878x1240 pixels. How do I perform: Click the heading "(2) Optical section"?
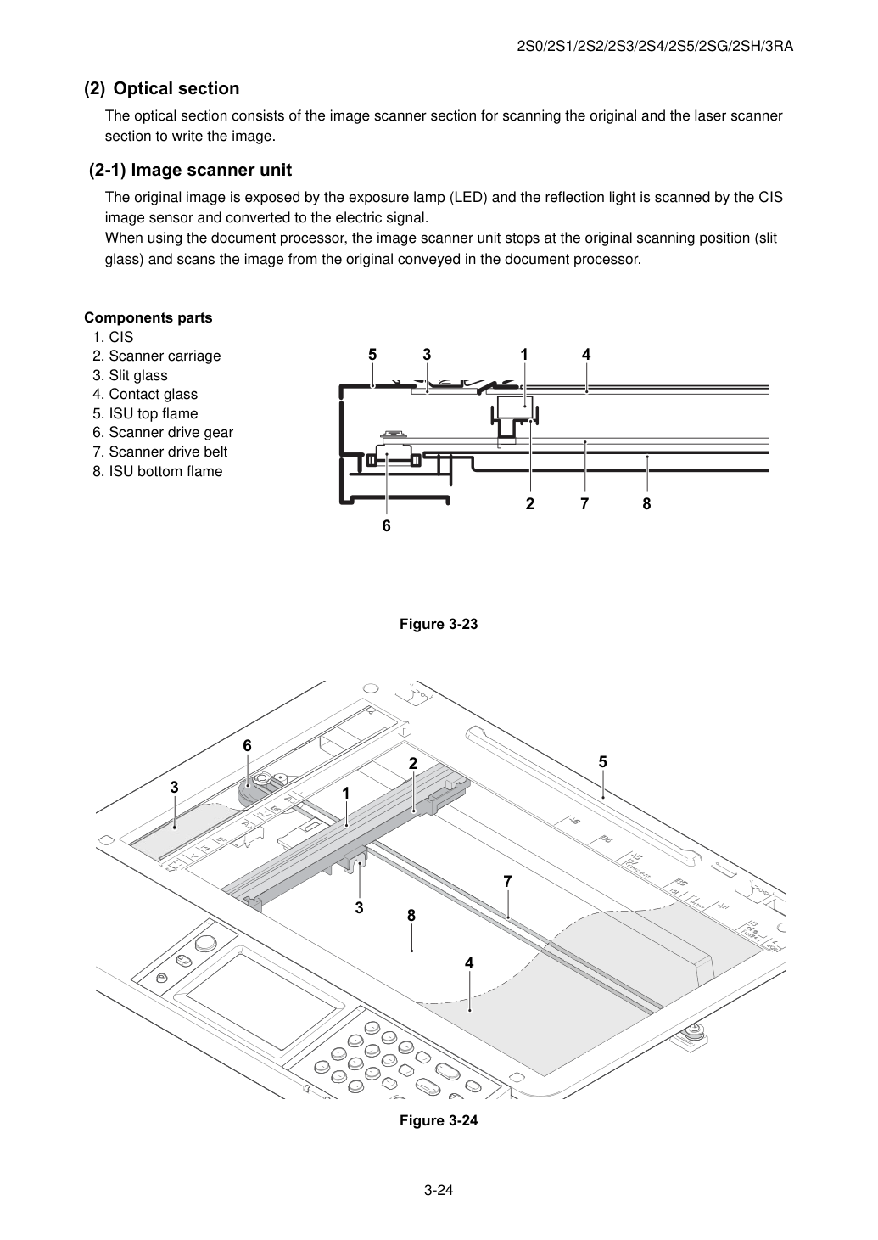coord(161,88)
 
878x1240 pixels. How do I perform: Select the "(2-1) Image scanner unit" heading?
coord(190,170)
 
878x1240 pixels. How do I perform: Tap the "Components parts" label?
coord(148,317)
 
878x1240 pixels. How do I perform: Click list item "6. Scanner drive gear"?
coord(163,432)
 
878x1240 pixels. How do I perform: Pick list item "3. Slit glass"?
coord(130,375)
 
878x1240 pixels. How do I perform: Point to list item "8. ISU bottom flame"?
coord(158,471)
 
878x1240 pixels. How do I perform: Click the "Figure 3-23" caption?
coord(439,624)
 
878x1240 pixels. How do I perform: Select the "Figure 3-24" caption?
coord(439,1120)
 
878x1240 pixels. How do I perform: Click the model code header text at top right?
coord(655,47)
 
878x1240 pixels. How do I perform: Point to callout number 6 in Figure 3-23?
coord(386,526)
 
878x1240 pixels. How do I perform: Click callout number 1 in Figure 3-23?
coord(524,354)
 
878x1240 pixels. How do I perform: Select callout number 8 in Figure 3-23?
coord(646,504)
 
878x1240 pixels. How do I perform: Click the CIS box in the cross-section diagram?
coord(515,407)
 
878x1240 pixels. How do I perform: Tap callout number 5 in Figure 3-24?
coord(603,762)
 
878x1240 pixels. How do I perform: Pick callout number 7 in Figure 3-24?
coord(507,881)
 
